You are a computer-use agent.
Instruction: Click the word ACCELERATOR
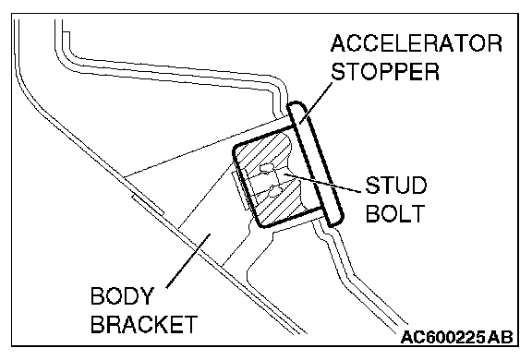tap(417, 43)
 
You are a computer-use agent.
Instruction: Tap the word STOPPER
tap(385, 71)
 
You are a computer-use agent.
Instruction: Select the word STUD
tap(396, 186)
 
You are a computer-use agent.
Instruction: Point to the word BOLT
tap(395, 213)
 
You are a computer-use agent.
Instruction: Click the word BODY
tap(122, 295)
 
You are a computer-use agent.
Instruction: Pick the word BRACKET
tap(144, 324)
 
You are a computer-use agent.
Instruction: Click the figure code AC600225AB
tap(456, 337)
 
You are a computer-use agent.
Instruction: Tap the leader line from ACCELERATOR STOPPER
tap(315, 103)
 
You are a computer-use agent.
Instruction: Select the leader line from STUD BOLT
tap(322, 183)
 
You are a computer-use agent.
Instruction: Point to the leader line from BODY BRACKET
tap(188, 260)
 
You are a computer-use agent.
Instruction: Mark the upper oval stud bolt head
tap(266, 169)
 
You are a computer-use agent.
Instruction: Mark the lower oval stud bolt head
tap(276, 192)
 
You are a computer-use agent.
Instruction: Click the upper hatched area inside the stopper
tap(263, 150)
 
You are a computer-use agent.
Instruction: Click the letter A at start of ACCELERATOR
tap(338, 43)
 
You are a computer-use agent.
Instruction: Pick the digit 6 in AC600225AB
tap(427, 337)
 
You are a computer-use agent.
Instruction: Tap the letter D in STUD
tap(418, 186)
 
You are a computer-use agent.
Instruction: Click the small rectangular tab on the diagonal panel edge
tap(148, 206)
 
